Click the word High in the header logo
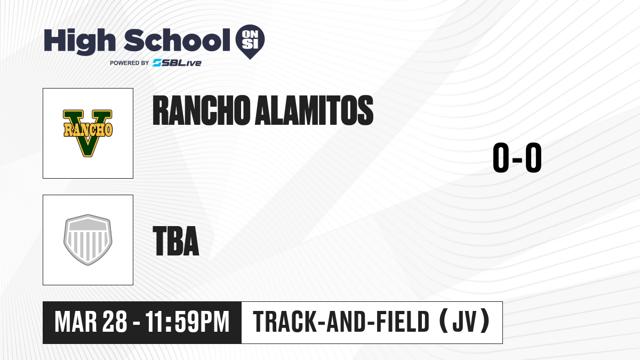click(80, 42)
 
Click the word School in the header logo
click(177, 40)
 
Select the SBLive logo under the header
click(177, 63)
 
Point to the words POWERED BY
click(130, 63)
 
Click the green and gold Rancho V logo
click(88, 133)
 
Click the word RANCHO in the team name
click(201, 110)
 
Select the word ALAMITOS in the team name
click(314, 110)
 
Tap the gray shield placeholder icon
click(88, 240)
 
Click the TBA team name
click(175, 241)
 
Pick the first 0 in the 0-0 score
click(501, 157)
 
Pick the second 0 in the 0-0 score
click(533, 157)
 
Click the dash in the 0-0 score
click(517, 159)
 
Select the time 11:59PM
click(187, 322)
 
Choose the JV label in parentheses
click(465, 322)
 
